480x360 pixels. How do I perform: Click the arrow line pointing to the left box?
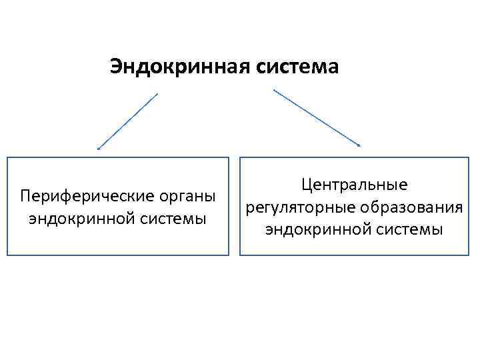(x=128, y=121)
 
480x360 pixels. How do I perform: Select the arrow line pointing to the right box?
(x=317, y=117)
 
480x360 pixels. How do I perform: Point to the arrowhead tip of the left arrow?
(x=99, y=149)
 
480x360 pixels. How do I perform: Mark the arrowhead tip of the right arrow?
(x=360, y=145)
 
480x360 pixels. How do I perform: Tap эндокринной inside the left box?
(x=77, y=218)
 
